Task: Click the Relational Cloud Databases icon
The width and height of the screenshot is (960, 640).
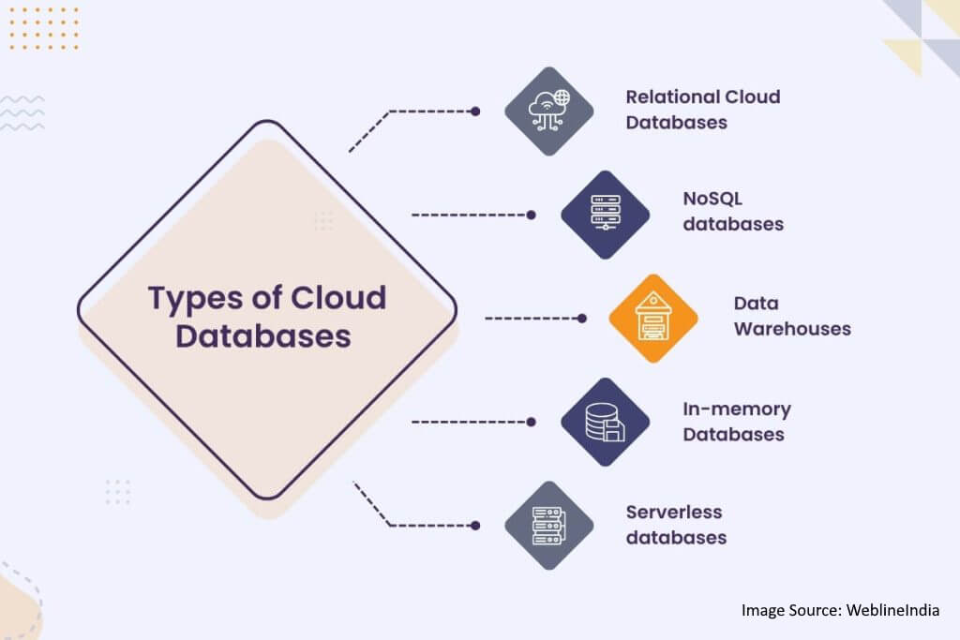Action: [x=549, y=111]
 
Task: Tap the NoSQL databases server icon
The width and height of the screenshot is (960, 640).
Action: [x=606, y=215]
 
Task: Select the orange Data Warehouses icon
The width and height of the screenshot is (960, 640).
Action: [x=653, y=319]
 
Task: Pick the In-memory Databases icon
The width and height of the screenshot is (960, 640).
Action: [x=606, y=423]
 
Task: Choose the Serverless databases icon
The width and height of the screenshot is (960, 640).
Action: [x=549, y=526]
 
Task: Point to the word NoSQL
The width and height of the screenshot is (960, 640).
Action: [x=712, y=199]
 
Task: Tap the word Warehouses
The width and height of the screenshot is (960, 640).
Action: [x=792, y=329]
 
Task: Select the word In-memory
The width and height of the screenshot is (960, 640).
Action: [x=737, y=409]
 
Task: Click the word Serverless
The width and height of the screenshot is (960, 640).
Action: [x=674, y=513]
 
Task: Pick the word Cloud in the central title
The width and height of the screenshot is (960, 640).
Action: [x=338, y=298]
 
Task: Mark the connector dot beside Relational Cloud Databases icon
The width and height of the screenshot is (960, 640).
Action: [x=475, y=111]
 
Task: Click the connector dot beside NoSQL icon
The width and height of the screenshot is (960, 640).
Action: [x=532, y=215]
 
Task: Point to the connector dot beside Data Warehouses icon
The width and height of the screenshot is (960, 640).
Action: [x=582, y=319]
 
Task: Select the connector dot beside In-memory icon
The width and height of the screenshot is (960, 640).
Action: [x=532, y=423]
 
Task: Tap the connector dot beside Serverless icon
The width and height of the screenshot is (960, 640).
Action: [x=475, y=526]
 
